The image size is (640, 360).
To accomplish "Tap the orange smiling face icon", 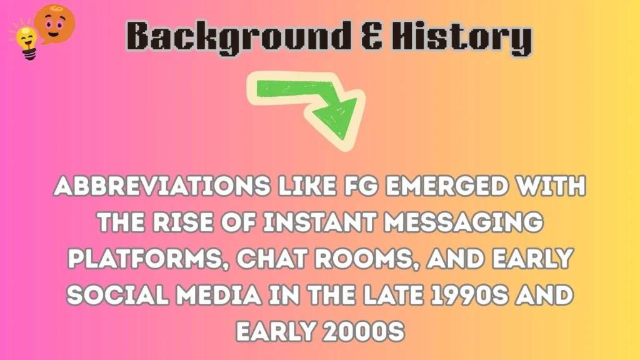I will pyautogui.click(x=54, y=22).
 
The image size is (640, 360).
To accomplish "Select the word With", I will pyautogui.click(x=551, y=187).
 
